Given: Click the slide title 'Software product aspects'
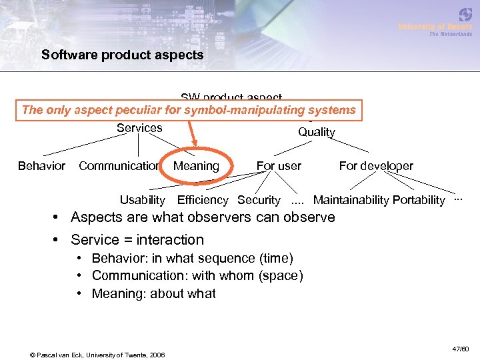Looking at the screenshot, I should pos(122,55).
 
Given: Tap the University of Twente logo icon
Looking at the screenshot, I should pos(465,15).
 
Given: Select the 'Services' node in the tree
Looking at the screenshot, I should pos(139,128).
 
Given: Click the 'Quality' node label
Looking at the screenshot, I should pos(316,132).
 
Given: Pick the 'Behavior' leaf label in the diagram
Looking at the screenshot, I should pos(41,166).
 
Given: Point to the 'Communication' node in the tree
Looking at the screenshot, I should pos(119,166).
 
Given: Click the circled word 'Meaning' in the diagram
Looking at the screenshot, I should pos(196,166).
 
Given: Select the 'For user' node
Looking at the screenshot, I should pos(279,166).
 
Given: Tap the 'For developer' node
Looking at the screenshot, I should pos(376,166).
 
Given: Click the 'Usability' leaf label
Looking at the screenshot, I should pos(142,200).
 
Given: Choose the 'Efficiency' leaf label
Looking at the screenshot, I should pos(203,200).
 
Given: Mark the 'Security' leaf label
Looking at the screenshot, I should pos(259,200).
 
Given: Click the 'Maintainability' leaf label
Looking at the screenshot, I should pos(351,200).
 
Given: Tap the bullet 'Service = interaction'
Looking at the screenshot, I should pos(137,239).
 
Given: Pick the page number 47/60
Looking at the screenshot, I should pos(460,349).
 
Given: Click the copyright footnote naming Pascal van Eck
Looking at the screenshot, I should pos(98,354).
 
